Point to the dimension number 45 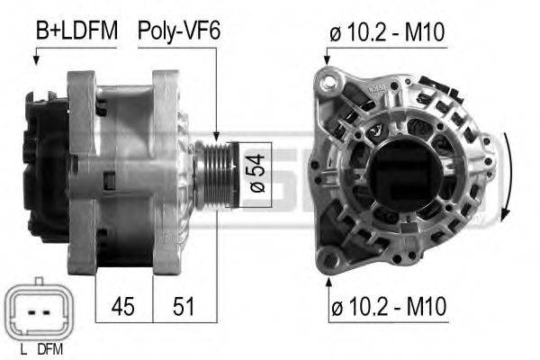click(x=123, y=306)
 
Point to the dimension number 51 click(x=184, y=306)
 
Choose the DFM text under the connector click(x=50, y=349)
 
